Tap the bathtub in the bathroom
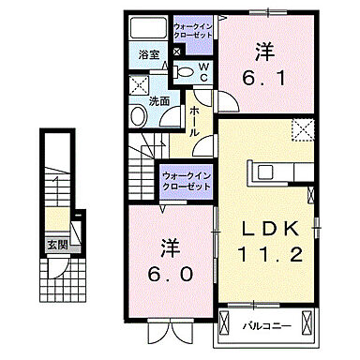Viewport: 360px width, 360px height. click(x=148, y=26)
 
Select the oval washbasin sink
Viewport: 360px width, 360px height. click(x=139, y=116)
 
